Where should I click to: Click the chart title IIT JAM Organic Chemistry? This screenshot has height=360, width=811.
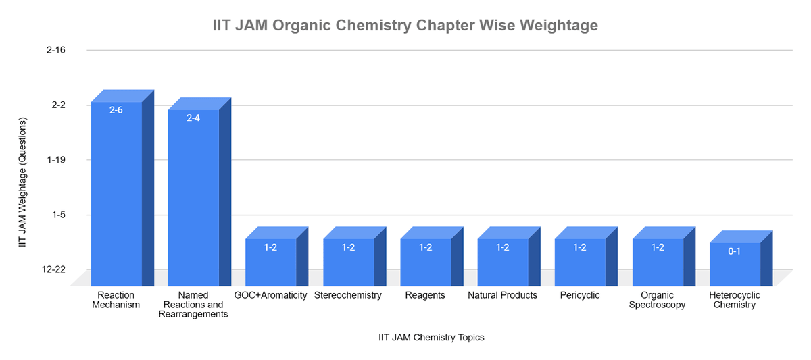(405, 26)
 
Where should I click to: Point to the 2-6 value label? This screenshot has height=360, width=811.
(116, 110)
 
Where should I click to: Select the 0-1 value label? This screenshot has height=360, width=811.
(735, 251)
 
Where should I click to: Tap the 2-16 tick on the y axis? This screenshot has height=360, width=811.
(55, 51)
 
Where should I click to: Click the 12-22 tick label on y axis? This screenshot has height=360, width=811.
(53, 269)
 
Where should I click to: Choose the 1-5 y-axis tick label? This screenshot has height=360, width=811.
(57, 215)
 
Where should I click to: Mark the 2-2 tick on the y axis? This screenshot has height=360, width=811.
(57, 105)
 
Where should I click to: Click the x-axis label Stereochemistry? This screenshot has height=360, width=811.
(348, 295)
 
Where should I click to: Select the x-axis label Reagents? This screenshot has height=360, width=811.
(425, 295)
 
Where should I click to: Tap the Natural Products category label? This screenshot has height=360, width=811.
(502, 295)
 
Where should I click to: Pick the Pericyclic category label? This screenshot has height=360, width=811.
(580, 295)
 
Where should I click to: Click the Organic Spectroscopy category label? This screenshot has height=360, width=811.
(657, 300)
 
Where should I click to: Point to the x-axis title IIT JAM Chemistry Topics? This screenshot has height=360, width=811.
(431, 338)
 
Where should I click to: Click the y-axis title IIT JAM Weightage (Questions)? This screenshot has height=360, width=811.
(23, 182)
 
